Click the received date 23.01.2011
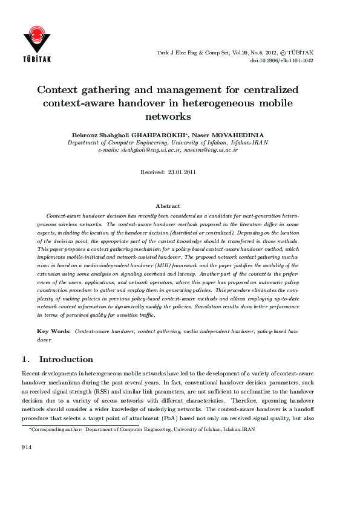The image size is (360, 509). click(181, 172)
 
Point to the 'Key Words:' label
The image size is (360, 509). click(54, 331)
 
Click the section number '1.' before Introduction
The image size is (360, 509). click(26, 359)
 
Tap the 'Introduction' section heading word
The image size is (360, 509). click(66, 359)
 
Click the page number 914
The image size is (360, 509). click(26, 447)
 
